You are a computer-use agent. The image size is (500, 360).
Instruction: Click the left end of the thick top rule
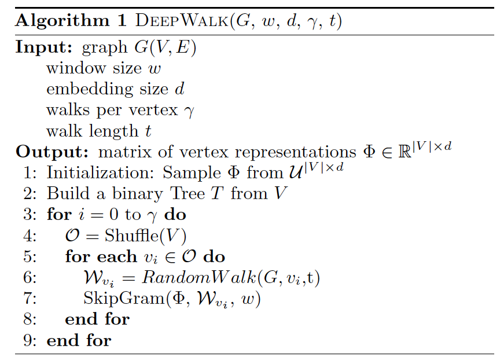coord(15,8)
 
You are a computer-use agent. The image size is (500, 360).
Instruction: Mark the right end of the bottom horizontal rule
coord(494,354)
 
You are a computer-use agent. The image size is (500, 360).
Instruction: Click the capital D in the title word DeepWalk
coord(142,21)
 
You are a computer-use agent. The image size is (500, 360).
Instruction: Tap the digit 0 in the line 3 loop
coord(114,214)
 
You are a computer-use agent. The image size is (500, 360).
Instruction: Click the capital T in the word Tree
coord(175,193)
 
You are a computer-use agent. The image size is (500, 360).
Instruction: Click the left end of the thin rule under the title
coord(15,35)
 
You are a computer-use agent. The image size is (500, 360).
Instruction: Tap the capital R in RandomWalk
coord(149,277)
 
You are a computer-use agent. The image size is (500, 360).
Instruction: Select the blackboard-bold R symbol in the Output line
coord(405,152)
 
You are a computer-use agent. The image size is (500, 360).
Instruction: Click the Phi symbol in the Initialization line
coord(234,172)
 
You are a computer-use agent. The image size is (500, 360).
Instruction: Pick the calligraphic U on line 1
coord(296,173)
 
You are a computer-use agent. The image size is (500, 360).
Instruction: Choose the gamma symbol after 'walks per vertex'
coord(189,111)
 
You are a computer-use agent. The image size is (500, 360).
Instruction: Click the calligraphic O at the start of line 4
coord(72,236)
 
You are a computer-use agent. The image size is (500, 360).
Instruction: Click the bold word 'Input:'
coord(44,47)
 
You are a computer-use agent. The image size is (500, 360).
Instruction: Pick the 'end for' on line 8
coord(97,319)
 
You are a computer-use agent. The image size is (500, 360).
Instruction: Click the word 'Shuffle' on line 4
coord(132,236)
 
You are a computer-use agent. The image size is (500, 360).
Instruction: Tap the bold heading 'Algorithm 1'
coord(71,21)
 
